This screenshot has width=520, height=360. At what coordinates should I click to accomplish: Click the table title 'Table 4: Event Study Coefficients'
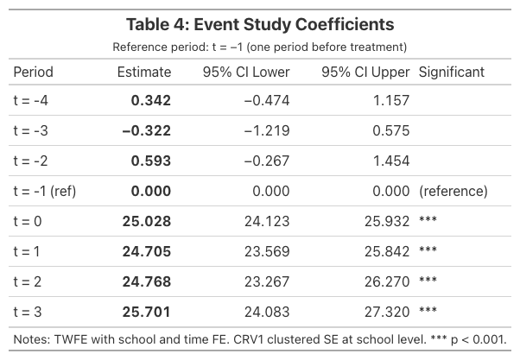tap(260, 23)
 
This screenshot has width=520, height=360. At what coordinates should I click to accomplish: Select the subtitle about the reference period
tap(260, 46)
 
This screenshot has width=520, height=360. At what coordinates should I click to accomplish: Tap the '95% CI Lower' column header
tap(246, 72)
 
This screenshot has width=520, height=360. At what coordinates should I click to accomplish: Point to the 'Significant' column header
tap(452, 72)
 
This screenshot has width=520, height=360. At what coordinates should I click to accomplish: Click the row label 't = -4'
tap(32, 100)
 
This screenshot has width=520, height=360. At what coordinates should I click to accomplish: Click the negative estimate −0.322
tap(146, 130)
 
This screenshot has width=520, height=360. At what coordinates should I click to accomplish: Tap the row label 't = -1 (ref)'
tap(45, 191)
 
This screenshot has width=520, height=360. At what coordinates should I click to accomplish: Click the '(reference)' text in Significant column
tap(453, 191)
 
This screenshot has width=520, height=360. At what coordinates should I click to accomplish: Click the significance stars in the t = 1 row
tap(428, 251)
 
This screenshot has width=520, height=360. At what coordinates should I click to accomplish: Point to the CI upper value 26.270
tap(384, 281)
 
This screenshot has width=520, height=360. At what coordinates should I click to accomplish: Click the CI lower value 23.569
tap(266, 251)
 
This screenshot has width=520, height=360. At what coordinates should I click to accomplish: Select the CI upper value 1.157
tap(390, 100)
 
